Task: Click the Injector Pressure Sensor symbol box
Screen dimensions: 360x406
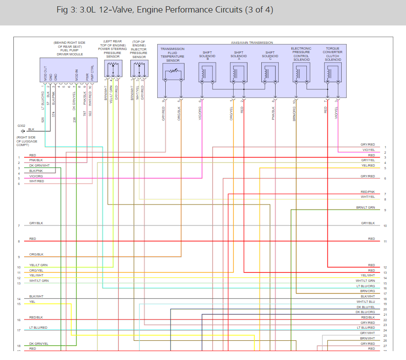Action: coord(139,69)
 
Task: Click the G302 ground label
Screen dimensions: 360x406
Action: coord(21,126)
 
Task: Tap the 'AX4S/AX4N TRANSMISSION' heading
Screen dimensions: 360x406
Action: coord(251,42)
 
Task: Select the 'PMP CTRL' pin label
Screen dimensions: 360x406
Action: coord(92,73)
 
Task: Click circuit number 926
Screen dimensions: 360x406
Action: coord(43,120)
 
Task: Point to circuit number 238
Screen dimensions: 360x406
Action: coord(75,120)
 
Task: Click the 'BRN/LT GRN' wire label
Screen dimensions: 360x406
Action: coord(365,208)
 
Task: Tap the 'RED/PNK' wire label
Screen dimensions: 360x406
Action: coord(368,192)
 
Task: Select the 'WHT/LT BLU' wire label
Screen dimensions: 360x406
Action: coord(365,302)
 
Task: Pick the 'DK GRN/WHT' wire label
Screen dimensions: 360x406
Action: coord(39,165)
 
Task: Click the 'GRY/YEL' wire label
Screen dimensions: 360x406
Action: coord(368,160)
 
